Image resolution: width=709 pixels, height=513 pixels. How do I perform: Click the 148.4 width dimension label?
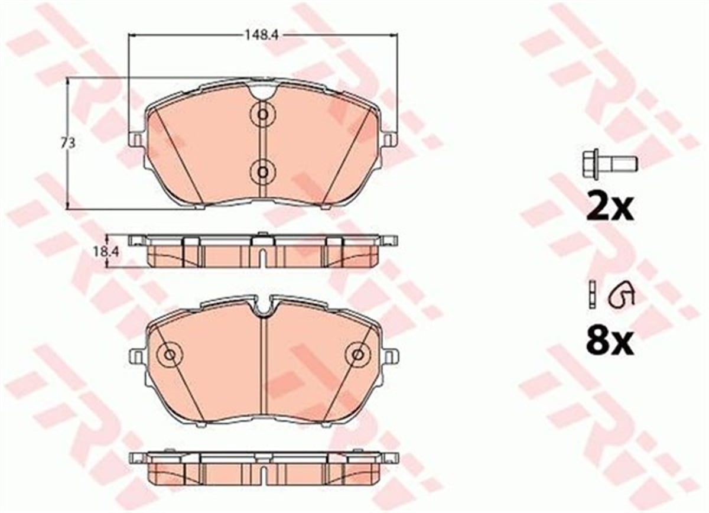pos(261,35)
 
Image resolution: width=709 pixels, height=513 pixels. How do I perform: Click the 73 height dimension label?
pos(68,144)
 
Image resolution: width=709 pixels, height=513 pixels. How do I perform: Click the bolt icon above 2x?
pos(609,165)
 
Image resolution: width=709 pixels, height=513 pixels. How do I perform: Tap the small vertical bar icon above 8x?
pos(591,295)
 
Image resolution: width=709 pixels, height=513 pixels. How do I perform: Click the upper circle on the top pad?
pos(262,114)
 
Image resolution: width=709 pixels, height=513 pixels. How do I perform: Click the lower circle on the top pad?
pos(262,173)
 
